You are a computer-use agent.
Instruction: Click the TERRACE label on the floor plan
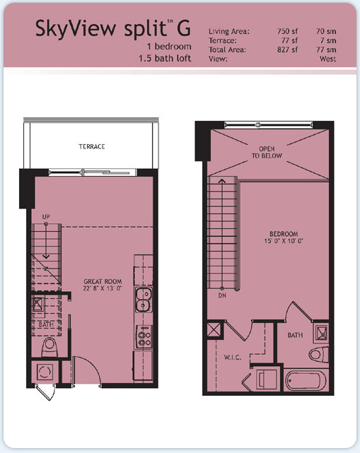(x=92, y=146)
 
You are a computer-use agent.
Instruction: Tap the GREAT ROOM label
(x=103, y=281)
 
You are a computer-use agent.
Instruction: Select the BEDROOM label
(x=284, y=234)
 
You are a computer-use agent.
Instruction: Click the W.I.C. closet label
(x=233, y=358)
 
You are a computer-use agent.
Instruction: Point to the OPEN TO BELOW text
(x=267, y=152)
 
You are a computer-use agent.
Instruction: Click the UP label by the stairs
(x=46, y=217)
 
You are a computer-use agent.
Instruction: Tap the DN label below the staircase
(x=222, y=295)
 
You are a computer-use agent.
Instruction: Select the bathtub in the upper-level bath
(x=306, y=380)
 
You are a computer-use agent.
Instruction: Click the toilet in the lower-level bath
(x=50, y=347)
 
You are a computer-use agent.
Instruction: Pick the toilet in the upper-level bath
(x=319, y=355)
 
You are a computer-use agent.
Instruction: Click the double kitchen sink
(x=144, y=300)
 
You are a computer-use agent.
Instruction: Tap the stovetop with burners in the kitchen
(x=144, y=336)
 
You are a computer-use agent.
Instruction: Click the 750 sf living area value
(x=287, y=31)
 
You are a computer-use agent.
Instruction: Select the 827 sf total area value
(x=287, y=49)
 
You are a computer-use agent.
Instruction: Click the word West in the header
(x=327, y=59)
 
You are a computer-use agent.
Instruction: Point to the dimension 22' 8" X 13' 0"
(x=103, y=288)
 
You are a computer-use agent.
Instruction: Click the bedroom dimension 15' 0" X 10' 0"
(x=284, y=241)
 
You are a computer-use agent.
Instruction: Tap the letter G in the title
(x=184, y=28)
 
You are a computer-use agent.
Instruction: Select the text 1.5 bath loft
(x=165, y=59)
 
